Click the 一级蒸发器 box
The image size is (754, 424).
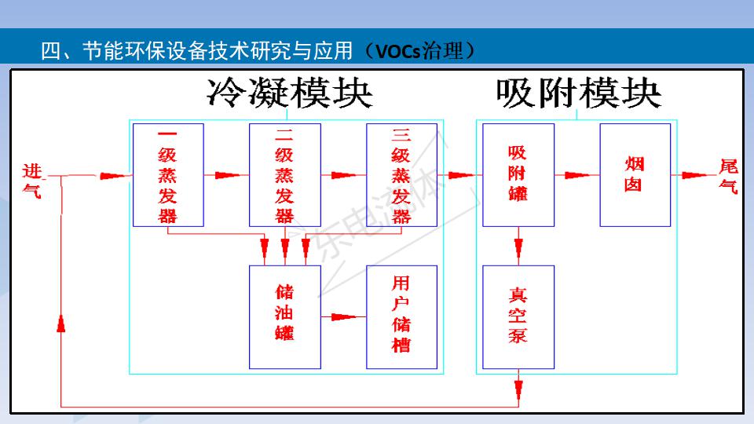click(x=168, y=175)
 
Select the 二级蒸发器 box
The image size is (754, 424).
click(x=284, y=175)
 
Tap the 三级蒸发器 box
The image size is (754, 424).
click(x=401, y=175)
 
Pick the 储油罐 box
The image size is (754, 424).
click(x=284, y=316)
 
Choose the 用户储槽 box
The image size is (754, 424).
click(x=401, y=316)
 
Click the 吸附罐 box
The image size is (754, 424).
click(x=518, y=175)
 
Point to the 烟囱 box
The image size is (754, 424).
click(x=635, y=175)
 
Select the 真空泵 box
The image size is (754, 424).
click(x=518, y=316)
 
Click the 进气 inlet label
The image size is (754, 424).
click(x=32, y=180)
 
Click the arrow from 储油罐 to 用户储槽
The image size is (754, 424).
click(x=344, y=317)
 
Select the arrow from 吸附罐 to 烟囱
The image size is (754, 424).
click(x=577, y=175)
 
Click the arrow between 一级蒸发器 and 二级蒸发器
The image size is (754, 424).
click(x=226, y=175)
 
